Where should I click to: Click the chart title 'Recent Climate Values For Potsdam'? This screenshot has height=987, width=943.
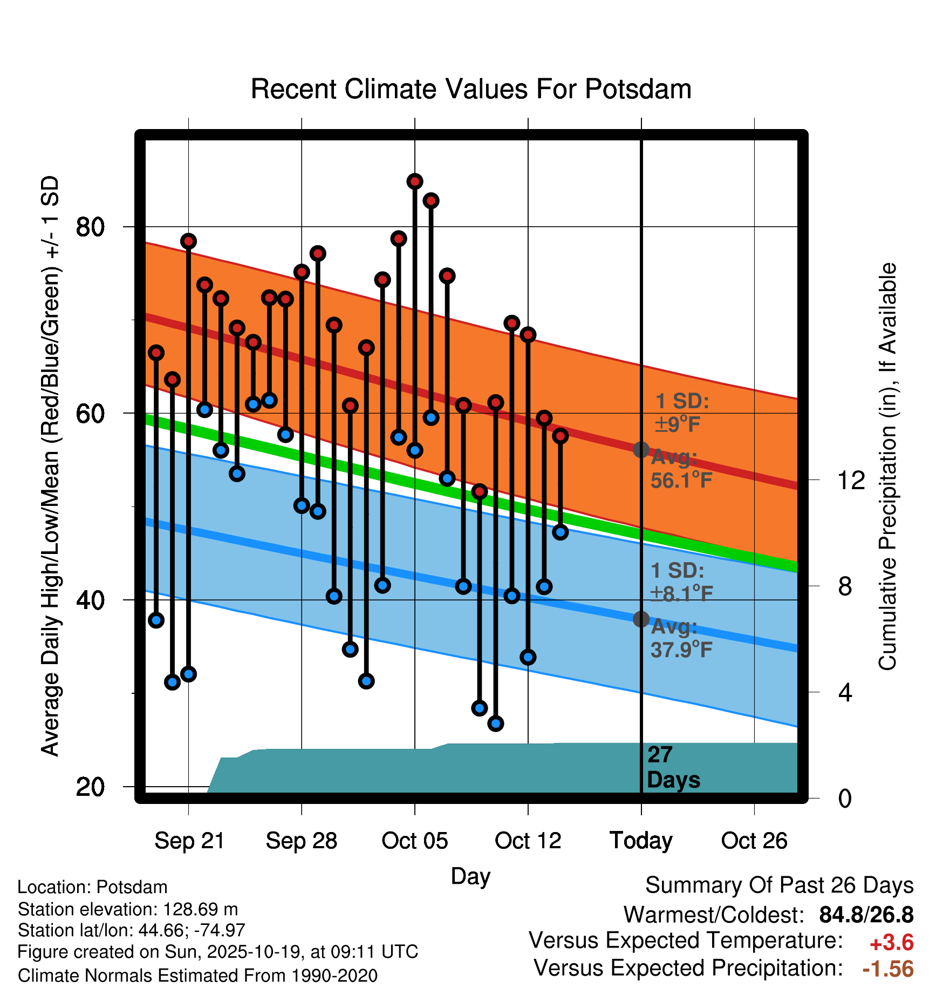471,89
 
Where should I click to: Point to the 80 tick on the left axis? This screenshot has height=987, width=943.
90,227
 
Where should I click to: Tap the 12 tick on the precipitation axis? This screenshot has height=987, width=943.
851,480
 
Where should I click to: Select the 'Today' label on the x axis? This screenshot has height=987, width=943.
641,841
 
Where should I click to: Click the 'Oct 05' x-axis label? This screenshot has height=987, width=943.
414,841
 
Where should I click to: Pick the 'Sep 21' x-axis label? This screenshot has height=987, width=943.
189,841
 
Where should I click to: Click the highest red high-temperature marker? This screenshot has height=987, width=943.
415,181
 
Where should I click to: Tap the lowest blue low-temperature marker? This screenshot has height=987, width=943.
496,723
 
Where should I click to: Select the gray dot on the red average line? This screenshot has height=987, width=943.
641,450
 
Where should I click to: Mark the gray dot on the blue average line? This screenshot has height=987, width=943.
641,619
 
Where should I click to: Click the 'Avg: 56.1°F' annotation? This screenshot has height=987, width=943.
681,469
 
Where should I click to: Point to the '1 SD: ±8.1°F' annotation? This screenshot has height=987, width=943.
681,582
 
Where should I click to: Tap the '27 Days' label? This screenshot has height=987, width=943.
673,767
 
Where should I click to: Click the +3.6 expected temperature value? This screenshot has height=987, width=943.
891,943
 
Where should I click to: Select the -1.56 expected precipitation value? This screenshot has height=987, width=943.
888,969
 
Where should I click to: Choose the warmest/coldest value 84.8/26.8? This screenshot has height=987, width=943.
866,915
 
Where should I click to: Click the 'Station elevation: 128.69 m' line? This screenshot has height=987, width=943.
128,909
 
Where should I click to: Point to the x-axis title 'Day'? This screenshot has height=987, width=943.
470,876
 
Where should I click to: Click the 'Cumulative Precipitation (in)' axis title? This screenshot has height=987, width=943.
887,467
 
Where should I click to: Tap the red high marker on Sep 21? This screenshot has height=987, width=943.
188,241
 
